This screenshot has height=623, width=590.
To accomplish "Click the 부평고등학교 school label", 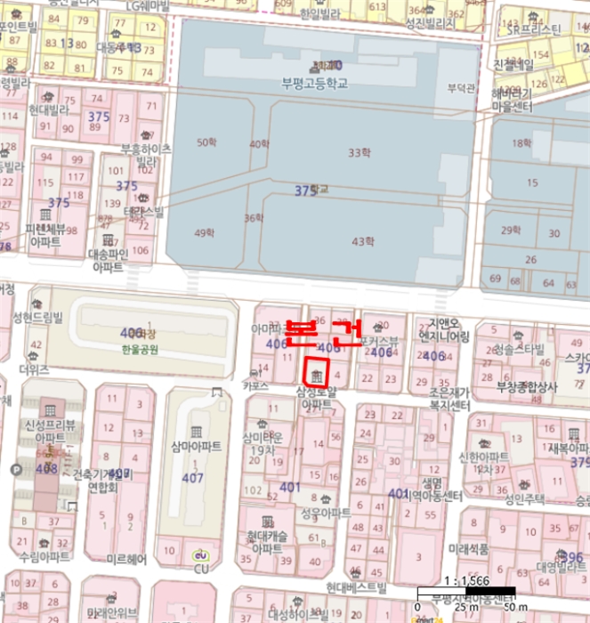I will pos(313,84).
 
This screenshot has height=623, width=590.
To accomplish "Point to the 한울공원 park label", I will pos(139,350).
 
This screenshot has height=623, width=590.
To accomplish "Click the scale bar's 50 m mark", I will pos(508,606).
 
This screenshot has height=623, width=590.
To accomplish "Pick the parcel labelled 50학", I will pos(206,142).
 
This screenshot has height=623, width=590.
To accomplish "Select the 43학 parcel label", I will pos(362,241).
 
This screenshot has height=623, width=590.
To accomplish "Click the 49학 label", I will pos(204,233).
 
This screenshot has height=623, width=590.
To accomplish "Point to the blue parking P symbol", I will pos(15,470).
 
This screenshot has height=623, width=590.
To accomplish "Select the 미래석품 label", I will pos(469,549).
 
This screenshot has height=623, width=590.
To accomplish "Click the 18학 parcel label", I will pos(521,143).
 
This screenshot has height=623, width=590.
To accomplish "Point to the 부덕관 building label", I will pos(460,88).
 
